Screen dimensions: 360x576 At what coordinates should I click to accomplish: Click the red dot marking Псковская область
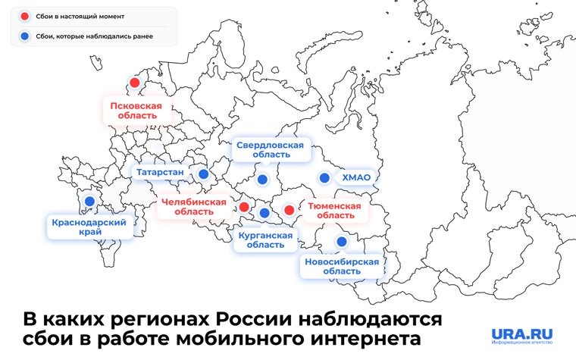(135, 83)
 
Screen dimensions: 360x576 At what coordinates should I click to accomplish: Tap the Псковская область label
(136, 111)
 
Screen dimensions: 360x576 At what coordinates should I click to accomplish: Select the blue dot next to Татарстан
(203, 174)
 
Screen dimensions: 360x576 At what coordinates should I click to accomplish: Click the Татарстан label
(160, 173)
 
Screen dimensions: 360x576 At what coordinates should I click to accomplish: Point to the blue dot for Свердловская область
(262, 180)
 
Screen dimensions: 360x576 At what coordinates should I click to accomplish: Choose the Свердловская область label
(270, 149)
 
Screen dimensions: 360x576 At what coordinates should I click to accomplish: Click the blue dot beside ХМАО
(324, 178)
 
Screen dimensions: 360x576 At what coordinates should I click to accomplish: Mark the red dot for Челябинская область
(244, 206)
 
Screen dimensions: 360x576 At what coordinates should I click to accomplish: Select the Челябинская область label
(194, 207)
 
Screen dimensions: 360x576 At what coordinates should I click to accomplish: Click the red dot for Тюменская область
(289, 210)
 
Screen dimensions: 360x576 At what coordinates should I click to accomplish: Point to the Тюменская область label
(334, 210)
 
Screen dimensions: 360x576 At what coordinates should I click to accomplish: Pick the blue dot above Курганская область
(264, 212)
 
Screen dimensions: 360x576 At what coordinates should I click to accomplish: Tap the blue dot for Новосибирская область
(342, 241)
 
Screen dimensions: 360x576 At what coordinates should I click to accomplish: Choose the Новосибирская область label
(341, 266)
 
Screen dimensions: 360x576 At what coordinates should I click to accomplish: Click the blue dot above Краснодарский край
(89, 201)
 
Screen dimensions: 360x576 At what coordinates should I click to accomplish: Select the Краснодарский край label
(89, 227)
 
